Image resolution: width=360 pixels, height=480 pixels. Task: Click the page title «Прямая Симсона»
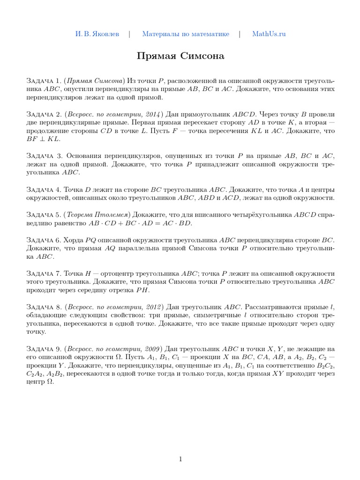coord(180,56)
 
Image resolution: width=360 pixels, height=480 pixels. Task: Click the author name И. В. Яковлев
coord(97,34)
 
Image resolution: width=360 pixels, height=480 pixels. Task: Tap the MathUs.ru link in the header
coord(269,34)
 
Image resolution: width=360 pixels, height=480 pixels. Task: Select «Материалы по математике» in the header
coord(186,34)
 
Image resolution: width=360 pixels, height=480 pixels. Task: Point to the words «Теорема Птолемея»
coord(96,214)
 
